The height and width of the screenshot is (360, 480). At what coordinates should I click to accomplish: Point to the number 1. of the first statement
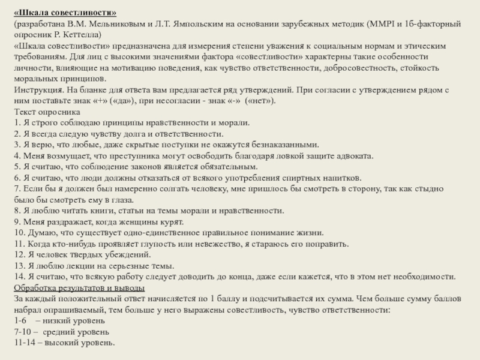(x=17, y=123)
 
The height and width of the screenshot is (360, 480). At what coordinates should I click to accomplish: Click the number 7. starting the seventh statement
(x=17, y=189)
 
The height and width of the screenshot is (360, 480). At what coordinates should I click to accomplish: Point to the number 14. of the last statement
(x=19, y=277)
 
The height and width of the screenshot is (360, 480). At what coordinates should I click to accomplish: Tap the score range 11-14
(x=26, y=342)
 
